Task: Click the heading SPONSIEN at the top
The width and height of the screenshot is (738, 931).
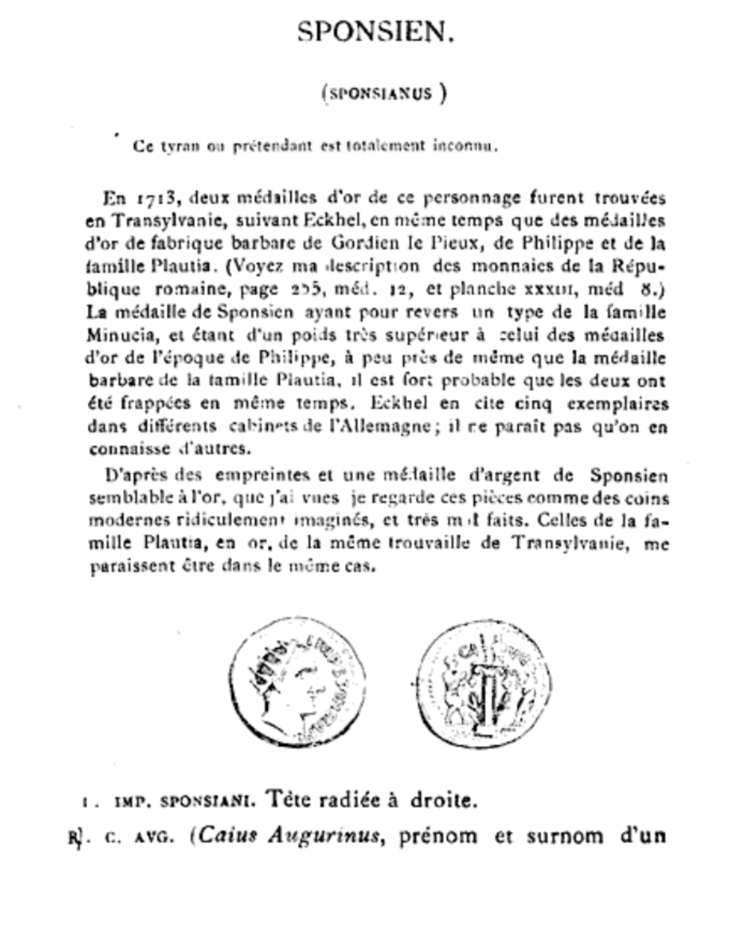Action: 375,31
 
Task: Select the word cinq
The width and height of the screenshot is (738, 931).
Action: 531,404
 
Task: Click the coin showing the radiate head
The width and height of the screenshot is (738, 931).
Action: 297,683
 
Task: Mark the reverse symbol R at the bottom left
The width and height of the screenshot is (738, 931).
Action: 76,837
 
